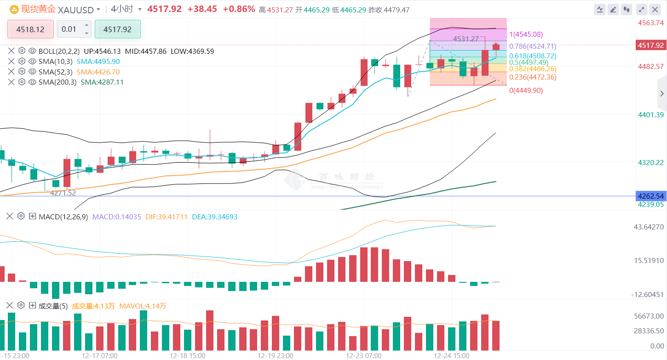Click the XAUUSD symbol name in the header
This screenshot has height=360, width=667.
(75, 9)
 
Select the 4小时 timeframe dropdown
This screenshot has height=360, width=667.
(122, 9)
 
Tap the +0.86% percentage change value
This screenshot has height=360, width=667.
(238, 9)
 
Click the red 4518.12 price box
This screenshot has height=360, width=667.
(30, 29)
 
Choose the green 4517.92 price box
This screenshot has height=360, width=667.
(117, 29)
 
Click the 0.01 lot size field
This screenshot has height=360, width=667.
(69, 29)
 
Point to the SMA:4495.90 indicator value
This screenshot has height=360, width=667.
(98, 62)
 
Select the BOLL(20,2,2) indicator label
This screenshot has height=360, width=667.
(59, 51)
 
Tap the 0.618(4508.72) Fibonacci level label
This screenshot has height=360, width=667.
(533, 56)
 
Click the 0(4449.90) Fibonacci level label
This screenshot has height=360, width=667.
(526, 91)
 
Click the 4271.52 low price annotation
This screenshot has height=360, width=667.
(63, 193)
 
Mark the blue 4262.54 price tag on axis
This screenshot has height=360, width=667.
(650, 196)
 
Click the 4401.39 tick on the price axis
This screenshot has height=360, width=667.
(650, 114)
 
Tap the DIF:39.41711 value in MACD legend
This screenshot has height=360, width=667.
(166, 217)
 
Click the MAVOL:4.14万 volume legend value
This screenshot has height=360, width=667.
(143, 306)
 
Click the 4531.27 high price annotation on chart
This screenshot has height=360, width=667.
(466, 39)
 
